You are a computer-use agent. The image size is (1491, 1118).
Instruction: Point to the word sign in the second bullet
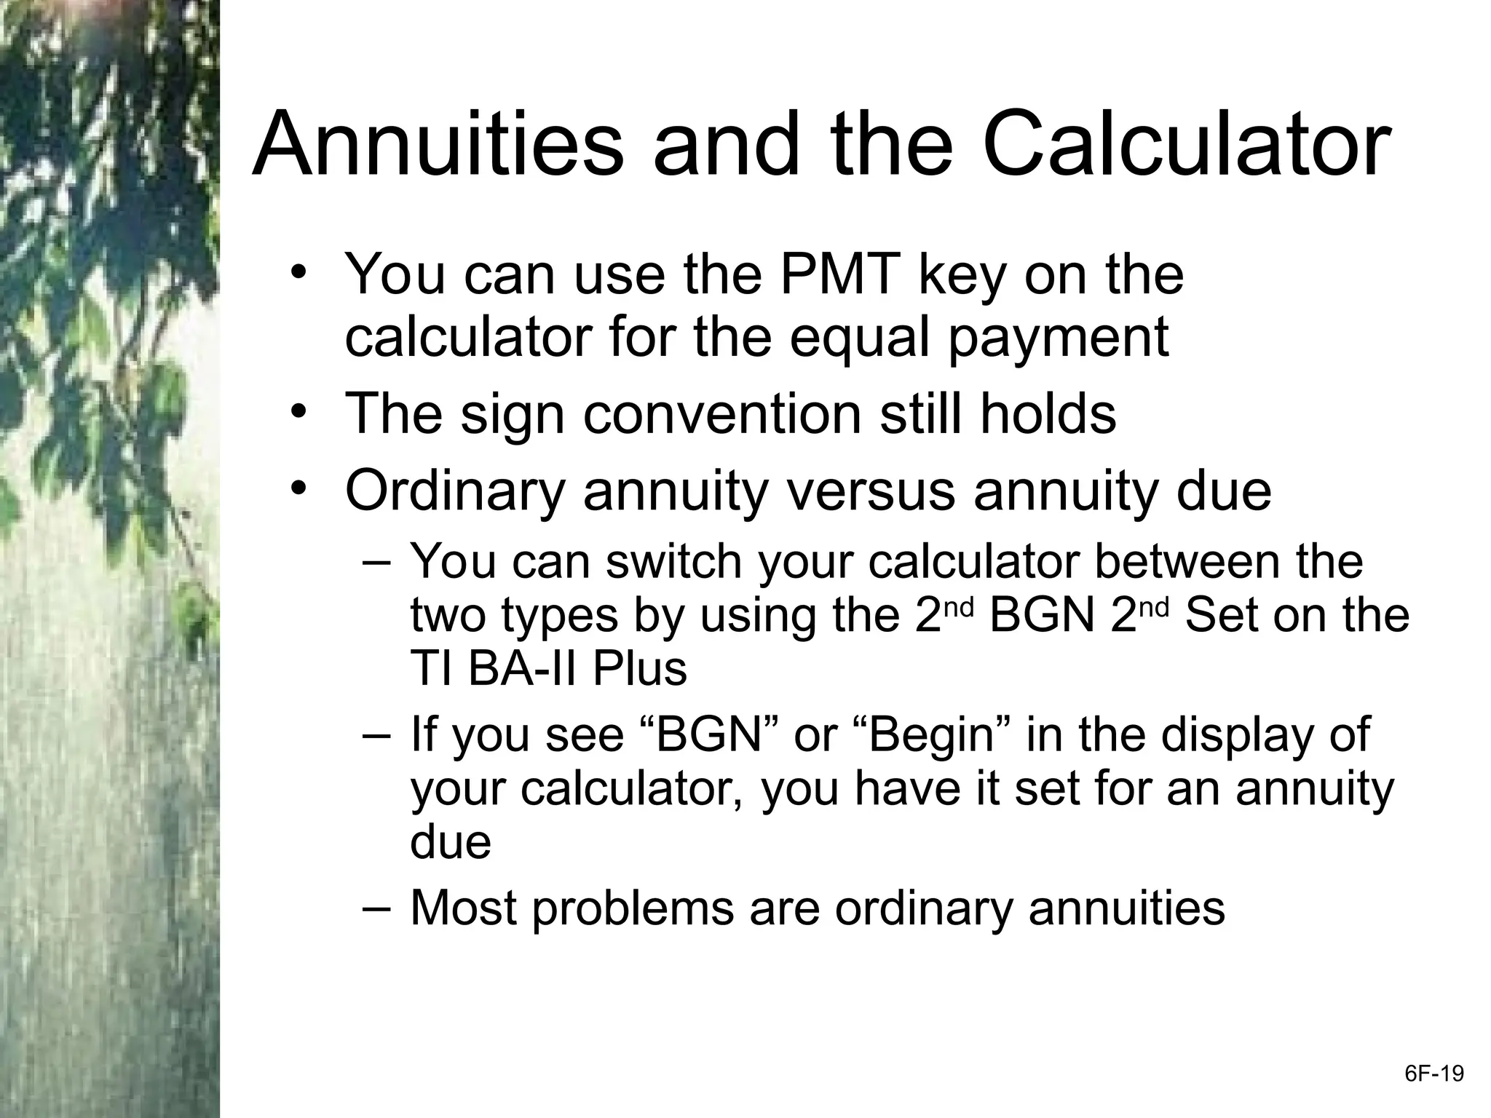pos(512,414)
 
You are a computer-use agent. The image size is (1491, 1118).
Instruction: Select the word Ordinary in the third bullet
pos(455,491)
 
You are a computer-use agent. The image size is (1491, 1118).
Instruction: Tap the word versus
pos(869,491)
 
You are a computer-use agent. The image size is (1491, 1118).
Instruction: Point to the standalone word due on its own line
pos(451,842)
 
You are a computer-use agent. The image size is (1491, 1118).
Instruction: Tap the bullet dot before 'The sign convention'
pos(298,413)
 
